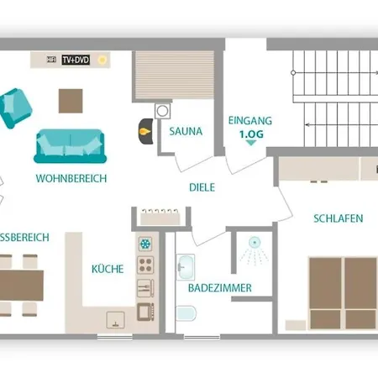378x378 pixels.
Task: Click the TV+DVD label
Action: pyautogui.click(x=76, y=60)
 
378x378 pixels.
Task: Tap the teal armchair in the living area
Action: pyautogui.click(x=15, y=108)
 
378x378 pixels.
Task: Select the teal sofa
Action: pyautogui.click(x=70, y=146)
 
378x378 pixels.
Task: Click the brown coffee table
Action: pyautogui.click(x=71, y=101)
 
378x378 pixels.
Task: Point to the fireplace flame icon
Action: pyautogui.click(x=144, y=131)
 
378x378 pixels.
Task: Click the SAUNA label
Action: pyautogui.click(x=186, y=131)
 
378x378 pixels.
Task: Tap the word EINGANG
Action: pyautogui.click(x=250, y=121)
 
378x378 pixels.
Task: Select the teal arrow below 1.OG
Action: pyautogui.click(x=251, y=143)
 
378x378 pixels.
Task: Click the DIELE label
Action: pyautogui.click(x=202, y=187)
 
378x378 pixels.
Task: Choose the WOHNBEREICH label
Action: pyautogui.click(x=71, y=178)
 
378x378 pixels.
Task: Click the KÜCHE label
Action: pyautogui.click(x=108, y=269)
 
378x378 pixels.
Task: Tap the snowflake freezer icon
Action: pyautogui.click(x=145, y=244)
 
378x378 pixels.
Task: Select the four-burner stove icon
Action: pyautogui.click(x=145, y=265)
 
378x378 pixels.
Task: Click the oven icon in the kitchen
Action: pyautogui.click(x=145, y=312)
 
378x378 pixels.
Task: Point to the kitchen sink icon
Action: pyautogui.click(x=115, y=320)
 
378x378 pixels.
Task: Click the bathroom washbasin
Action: pyautogui.click(x=186, y=267)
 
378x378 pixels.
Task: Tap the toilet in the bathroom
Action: pyautogui.click(x=186, y=313)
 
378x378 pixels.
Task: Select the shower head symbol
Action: pyautogui.click(x=255, y=243)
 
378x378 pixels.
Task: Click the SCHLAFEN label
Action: pyautogui.click(x=339, y=218)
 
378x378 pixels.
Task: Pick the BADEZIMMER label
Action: pyautogui.click(x=220, y=288)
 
